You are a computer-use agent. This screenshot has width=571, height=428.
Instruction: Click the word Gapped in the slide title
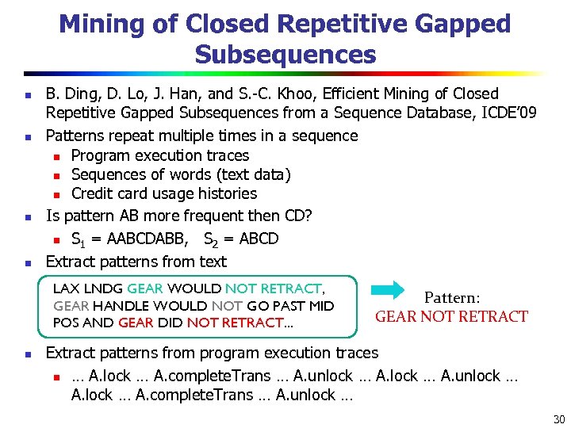point(462,24)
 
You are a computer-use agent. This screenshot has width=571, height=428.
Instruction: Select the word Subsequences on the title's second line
point(285,55)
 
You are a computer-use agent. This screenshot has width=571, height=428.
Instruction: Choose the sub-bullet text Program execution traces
point(160,155)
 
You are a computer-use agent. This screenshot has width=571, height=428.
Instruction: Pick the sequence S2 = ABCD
point(241,239)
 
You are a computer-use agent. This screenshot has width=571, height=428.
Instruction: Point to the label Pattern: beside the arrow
point(451,298)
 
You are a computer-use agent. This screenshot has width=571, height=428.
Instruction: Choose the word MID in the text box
point(320,306)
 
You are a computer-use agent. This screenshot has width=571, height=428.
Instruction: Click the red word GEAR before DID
point(136,323)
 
